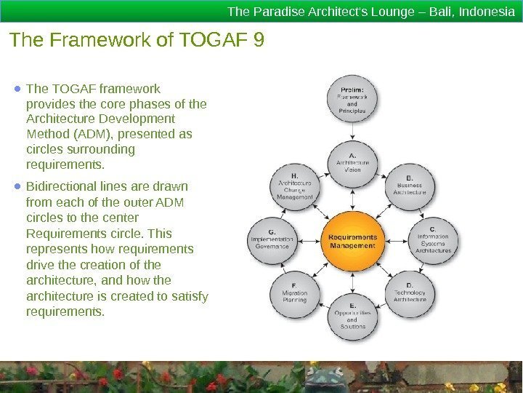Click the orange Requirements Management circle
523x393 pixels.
353,241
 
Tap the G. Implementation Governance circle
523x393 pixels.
272,242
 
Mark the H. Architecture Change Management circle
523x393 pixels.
295,187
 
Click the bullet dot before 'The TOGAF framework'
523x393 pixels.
17,90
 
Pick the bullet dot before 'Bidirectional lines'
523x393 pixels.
17,186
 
